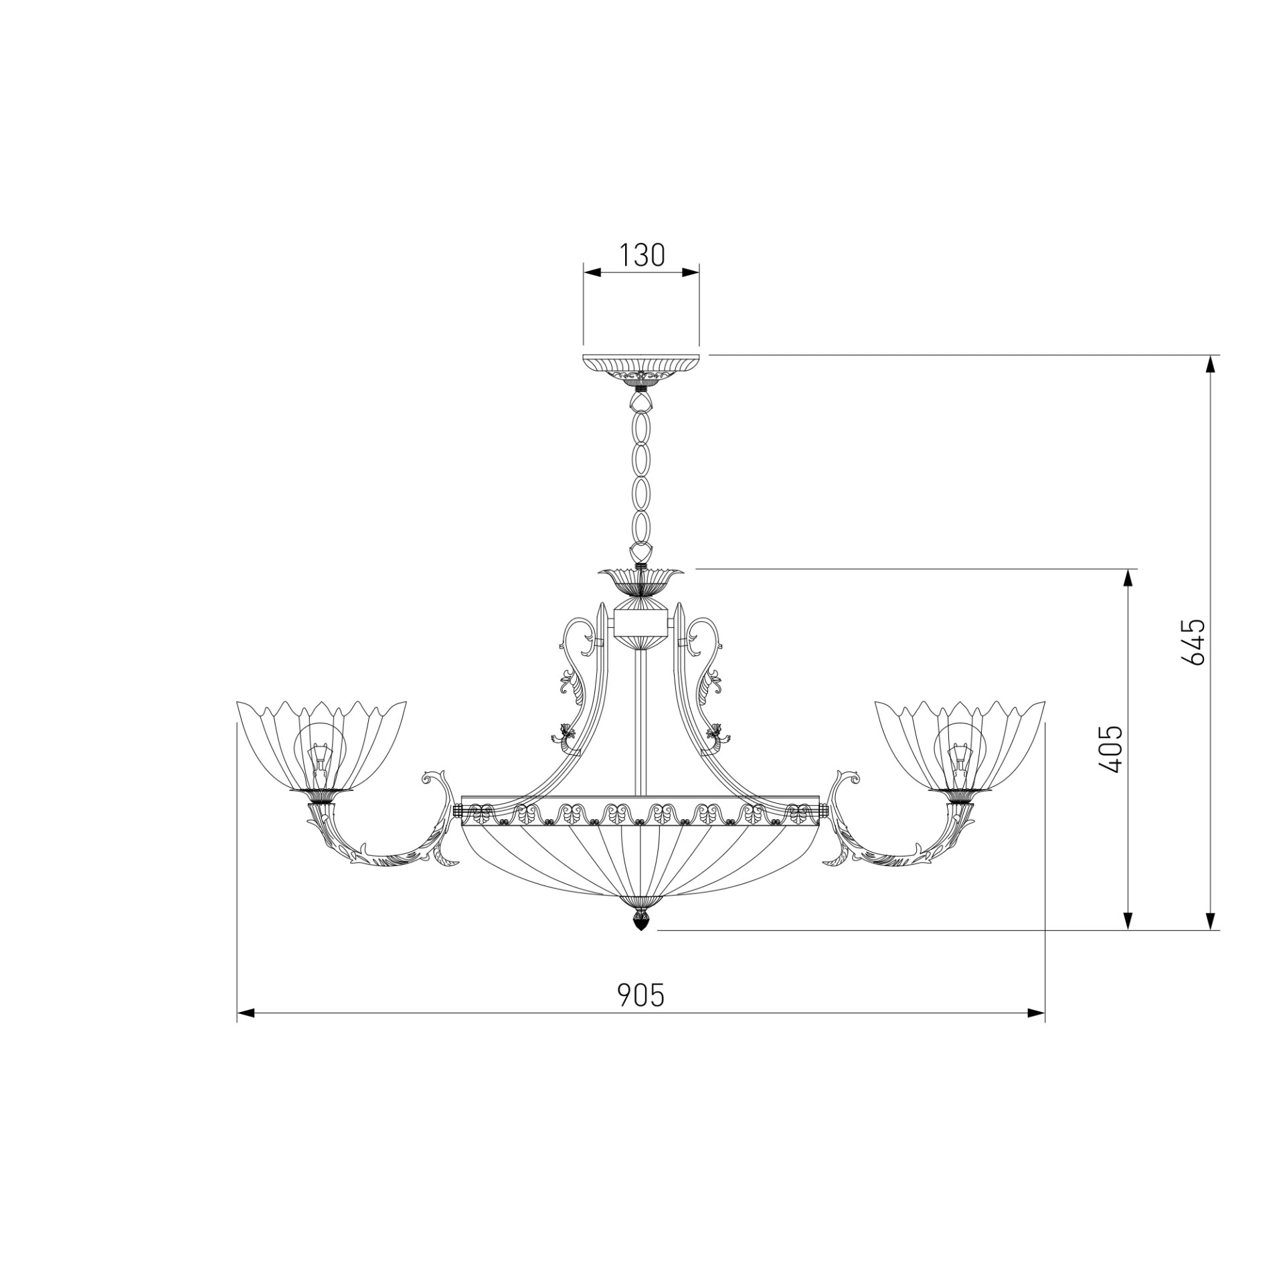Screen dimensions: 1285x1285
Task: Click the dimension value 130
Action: click(641, 255)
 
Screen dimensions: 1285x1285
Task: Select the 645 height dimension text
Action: click(1193, 641)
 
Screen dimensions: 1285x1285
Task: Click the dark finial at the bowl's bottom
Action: click(641, 922)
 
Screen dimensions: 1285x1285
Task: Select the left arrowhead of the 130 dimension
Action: click(592, 272)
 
